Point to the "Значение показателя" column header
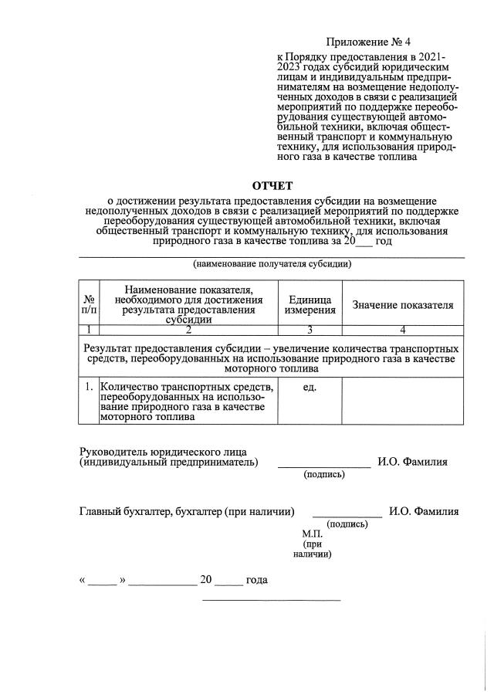tap(402, 304)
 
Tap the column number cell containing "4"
tap(402, 330)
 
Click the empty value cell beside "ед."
tap(402, 400)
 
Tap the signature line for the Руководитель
tap(323, 466)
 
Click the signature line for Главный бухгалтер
tap(347, 515)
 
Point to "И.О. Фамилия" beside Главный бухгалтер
tap(424, 511)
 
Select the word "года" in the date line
tap(256, 580)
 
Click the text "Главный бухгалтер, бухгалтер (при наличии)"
tap(188, 511)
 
